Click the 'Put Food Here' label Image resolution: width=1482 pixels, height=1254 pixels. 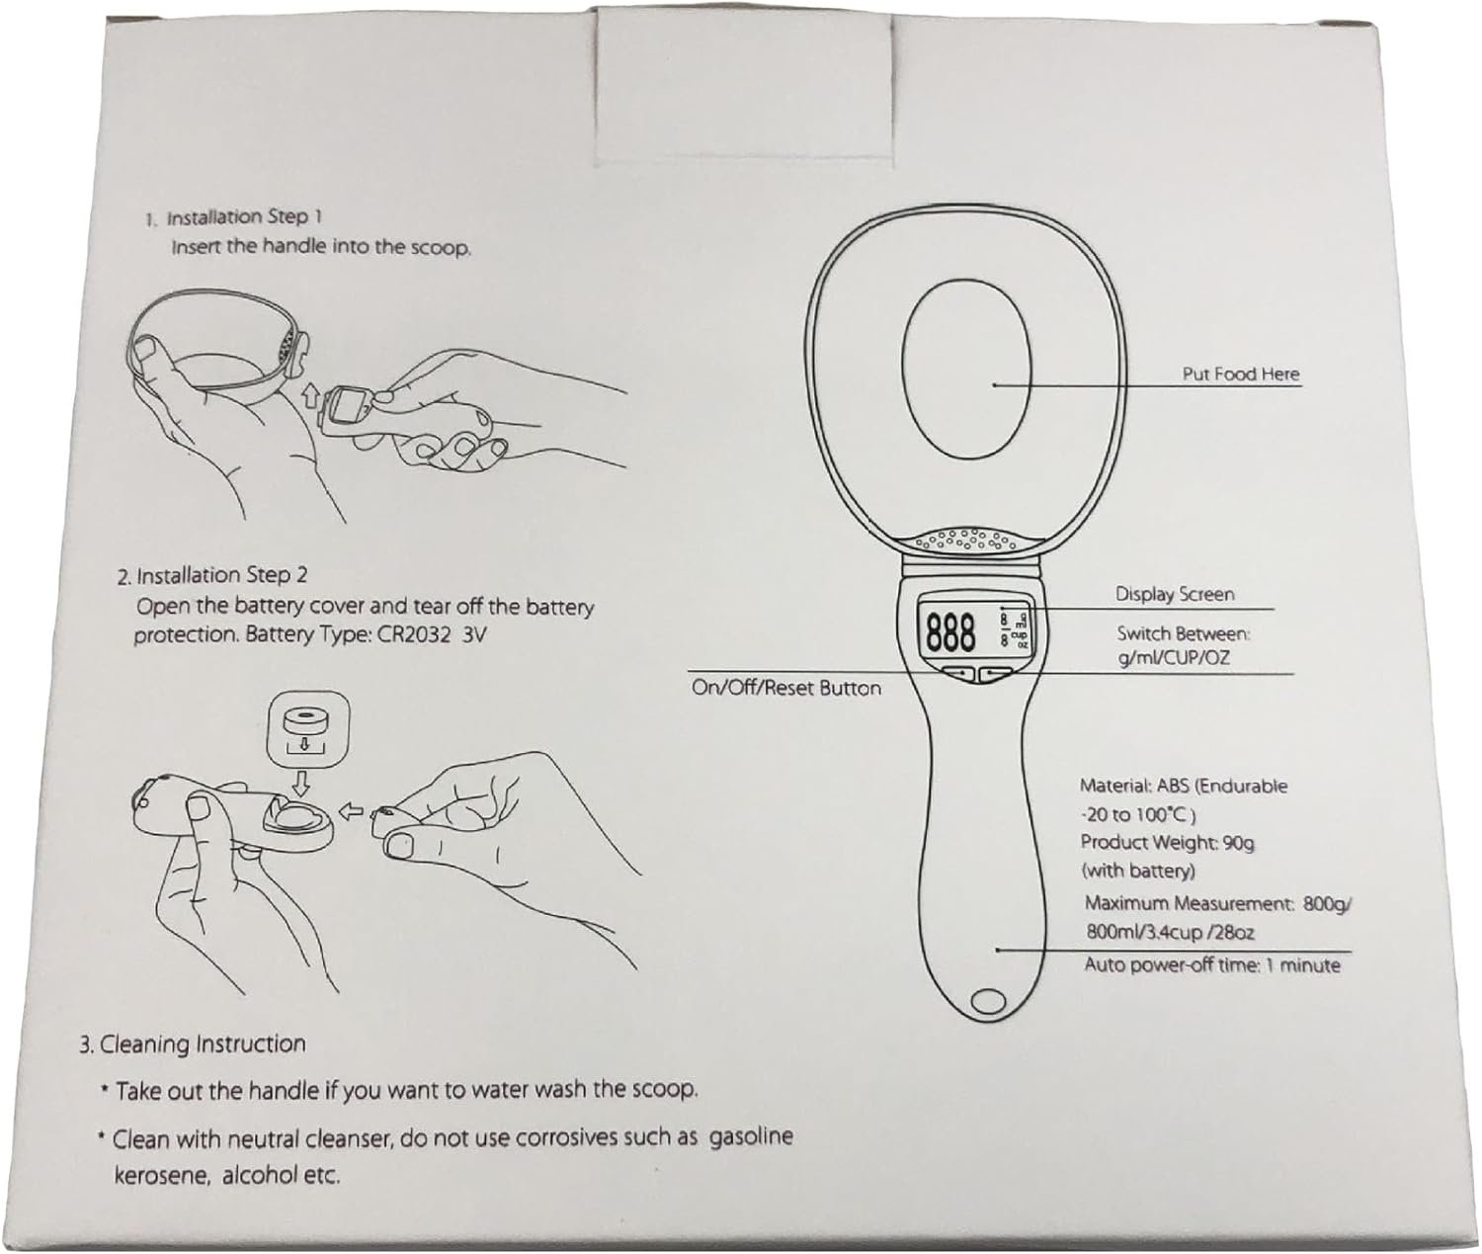coord(1240,375)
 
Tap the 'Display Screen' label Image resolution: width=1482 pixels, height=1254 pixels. coord(1175,594)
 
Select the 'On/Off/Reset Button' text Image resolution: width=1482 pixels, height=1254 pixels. coord(785,689)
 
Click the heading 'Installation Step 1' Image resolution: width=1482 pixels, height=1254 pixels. coord(244,216)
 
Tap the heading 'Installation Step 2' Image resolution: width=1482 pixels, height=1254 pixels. coord(221,575)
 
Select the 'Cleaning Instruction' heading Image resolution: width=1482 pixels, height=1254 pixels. coord(203,1044)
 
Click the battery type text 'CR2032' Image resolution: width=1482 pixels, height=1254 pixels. coord(414,635)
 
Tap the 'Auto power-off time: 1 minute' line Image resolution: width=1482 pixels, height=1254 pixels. coord(1211,965)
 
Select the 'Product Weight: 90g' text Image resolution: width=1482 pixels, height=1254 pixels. coord(1167,843)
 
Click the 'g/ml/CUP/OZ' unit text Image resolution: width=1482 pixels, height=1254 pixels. coord(1174,657)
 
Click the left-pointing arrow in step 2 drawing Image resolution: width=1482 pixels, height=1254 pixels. coord(352,811)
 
